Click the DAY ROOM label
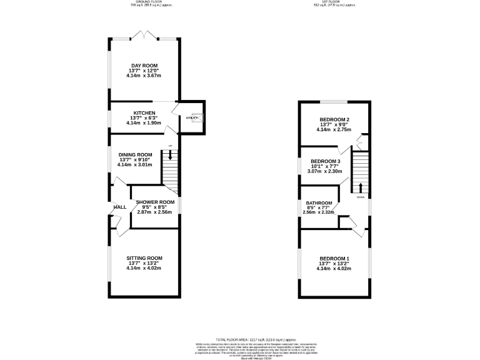[x=144, y=66]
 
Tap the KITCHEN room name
[x=144, y=113]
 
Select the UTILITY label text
[x=191, y=117]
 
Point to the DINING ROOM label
[x=136, y=155]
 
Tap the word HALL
[x=119, y=208]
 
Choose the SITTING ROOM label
[x=144, y=258]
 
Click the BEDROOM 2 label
[x=334, y=119]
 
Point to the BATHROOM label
[x=318, y=203]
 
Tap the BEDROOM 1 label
[x=334, y=259]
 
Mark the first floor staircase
[x=361, y=172]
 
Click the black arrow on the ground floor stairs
[x=170, y=154]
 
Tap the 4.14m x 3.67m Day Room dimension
[x=144, y=76]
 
